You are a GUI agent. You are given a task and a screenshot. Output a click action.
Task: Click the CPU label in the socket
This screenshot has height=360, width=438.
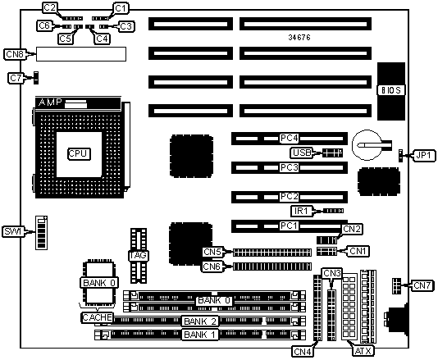coord(80,153)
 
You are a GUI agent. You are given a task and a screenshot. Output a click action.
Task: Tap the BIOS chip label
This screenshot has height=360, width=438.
coord(391,90)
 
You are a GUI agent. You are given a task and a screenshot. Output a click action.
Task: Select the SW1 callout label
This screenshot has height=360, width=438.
coord(12,231)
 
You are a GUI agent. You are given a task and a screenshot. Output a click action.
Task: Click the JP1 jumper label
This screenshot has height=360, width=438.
coord(423,155)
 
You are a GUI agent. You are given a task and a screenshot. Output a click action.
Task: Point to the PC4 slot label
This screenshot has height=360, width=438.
coord(289,138)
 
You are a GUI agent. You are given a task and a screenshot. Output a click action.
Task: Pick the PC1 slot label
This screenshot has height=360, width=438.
coord(289,226)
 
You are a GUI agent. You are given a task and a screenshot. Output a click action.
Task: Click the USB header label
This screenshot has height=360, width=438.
coord(302,153)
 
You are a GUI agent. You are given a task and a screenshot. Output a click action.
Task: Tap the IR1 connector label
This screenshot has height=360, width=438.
coord(301,211)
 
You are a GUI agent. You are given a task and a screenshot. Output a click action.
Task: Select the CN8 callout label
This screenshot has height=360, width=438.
coord(15,54)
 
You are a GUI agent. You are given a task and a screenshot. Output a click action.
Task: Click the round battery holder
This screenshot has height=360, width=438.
coord(367,145)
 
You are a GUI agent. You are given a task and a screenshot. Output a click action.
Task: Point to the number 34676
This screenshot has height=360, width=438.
coord(299,37)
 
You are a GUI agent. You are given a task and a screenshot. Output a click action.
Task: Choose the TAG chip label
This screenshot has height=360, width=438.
coord(138,255)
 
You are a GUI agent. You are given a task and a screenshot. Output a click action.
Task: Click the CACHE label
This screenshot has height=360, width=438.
coord(98,317)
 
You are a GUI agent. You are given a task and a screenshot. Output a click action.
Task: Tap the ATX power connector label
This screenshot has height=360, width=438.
coord(363,351)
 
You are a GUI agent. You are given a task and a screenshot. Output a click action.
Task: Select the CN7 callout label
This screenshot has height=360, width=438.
coord(422,285)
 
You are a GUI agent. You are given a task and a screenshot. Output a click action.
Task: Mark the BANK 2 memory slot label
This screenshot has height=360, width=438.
coord(200,321)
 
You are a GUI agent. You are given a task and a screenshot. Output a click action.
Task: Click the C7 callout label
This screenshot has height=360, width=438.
coord(16,78)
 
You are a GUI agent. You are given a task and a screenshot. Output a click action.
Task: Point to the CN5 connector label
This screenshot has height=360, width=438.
coord(212,252)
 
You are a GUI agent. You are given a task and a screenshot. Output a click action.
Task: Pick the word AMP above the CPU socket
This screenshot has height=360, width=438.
coord(50,102)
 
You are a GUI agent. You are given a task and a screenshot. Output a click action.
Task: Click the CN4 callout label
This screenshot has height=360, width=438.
coord(302,352)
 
